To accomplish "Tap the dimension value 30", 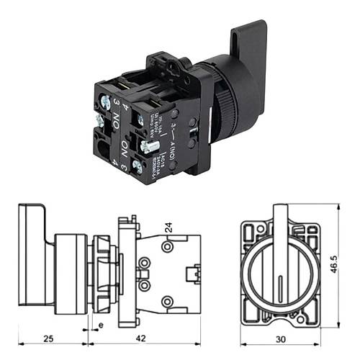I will (279, 338).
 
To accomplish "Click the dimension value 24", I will (168, 228).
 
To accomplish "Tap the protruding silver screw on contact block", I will (149, 146).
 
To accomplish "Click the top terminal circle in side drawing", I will (167, 248).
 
